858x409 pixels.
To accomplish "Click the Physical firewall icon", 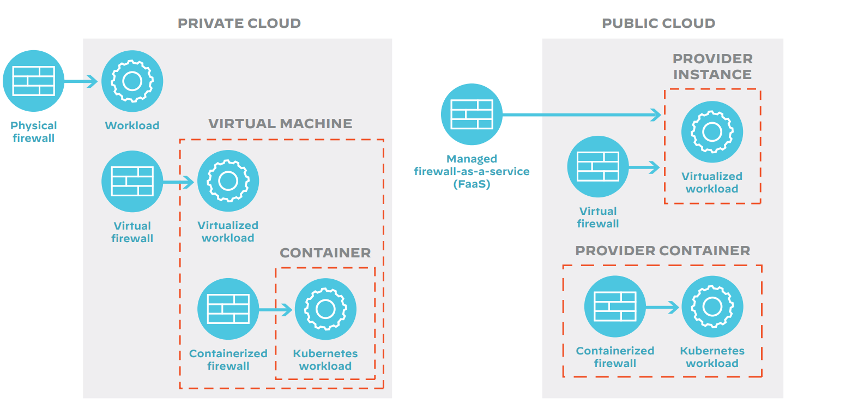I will point(34,81).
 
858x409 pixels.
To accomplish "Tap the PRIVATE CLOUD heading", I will point(239,23).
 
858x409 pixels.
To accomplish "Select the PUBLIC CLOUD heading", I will point(658,23).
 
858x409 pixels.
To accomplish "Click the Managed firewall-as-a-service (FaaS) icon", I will point(472,114).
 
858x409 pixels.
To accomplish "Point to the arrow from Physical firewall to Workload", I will point(81,81).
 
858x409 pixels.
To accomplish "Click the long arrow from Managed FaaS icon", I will point(581,115).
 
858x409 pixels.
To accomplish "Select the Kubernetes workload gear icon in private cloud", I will point(325,309).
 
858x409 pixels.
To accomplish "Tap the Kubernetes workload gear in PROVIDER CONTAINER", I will point(712,306).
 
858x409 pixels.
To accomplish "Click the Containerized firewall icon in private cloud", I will point(228,309).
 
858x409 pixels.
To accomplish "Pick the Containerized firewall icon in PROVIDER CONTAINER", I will point(615,306).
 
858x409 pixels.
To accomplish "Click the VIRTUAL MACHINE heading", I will point(280,124).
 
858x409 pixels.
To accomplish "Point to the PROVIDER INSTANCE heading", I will point(712,67).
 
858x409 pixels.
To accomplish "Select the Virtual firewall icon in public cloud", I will point(598,166).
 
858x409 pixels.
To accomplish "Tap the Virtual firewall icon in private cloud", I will point(132,181).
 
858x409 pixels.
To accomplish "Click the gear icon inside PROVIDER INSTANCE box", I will point(712,132).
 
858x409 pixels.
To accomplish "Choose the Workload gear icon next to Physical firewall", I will point(132,81).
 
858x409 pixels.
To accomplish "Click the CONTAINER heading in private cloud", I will point(325,253).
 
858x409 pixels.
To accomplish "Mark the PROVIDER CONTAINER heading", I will point(663,251).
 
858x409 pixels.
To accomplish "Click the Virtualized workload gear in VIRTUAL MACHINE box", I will point(228,181).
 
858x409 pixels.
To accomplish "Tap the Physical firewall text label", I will point(34,132).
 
